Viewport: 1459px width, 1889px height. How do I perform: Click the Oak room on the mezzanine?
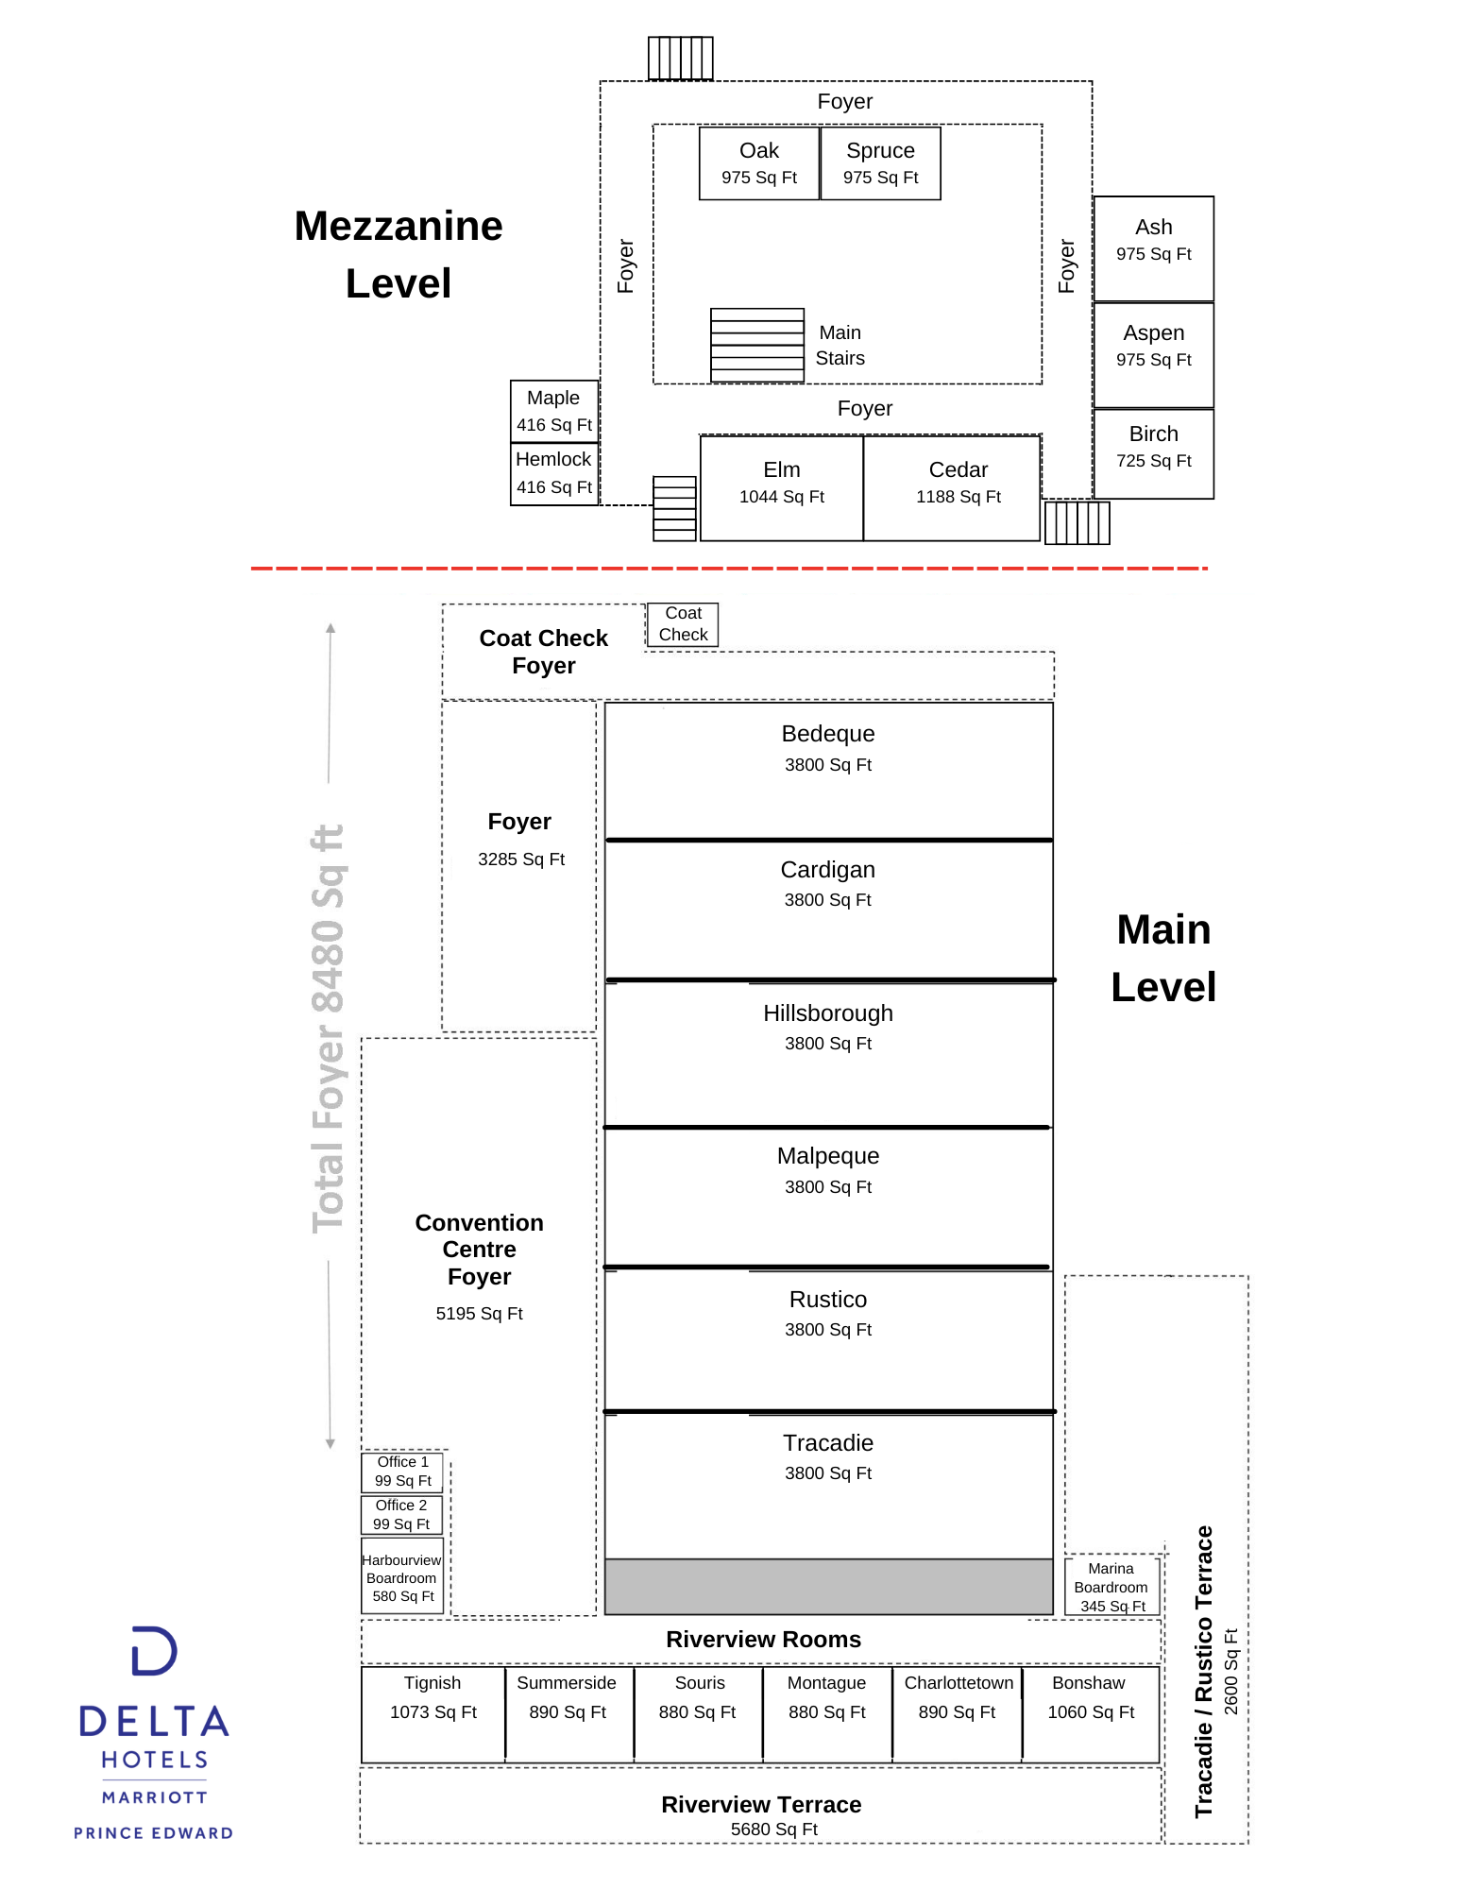(759, 163)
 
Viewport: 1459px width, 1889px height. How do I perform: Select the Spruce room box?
(880, 163)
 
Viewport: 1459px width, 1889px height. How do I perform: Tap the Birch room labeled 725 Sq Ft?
(1154, 453)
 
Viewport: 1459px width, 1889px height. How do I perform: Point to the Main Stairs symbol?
(757, 346)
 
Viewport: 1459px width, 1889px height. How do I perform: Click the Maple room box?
(554, 411)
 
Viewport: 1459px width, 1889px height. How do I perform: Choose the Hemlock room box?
(554, 474)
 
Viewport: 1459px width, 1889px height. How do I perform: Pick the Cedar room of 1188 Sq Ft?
(952, 488)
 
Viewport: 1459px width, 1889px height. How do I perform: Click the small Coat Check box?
(683, 624)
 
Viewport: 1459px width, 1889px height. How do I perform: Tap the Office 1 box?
(402, 1472)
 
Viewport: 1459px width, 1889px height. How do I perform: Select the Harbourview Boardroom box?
(402, 1576)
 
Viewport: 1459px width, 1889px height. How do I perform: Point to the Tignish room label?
(433, 1683)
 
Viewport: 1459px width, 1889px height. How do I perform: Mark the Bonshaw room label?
(1089, 1683)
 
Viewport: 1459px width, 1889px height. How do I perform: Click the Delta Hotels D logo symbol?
(154, 1651)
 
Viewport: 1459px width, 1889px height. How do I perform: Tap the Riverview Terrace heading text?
(761, 1805)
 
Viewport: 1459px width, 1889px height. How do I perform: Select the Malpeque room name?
(828, 1156)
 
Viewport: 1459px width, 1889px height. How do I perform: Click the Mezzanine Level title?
(399, 254)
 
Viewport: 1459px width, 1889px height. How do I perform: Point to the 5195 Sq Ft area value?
(479, 1314)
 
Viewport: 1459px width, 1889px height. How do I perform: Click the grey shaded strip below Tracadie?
(829, 1587)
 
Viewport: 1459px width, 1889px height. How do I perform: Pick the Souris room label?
(700, 1683)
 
